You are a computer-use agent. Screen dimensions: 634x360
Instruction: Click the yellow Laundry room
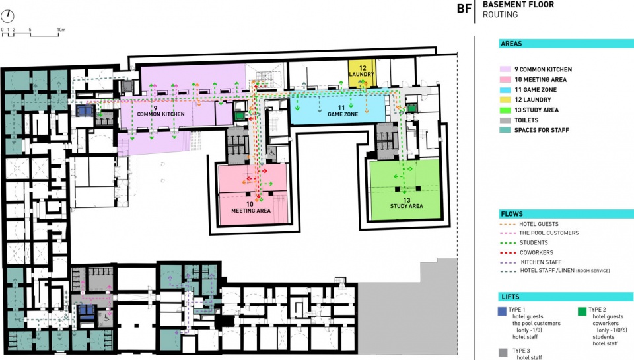363,73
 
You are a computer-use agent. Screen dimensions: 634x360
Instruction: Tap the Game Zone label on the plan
343,111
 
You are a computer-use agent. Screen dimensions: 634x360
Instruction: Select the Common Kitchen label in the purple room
160,111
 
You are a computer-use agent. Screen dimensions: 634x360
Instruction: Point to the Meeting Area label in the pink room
251,207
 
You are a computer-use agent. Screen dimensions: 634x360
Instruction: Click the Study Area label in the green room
406,203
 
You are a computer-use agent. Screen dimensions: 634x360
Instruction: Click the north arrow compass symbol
7,16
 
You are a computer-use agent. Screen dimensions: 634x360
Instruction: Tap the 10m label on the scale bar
61,30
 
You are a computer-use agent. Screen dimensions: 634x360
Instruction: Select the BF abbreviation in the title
464,9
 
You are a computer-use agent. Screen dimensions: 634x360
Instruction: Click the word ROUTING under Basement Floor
500,15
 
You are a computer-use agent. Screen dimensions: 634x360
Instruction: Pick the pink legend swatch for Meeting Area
505,80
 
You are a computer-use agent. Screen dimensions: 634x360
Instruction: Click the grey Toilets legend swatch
505,120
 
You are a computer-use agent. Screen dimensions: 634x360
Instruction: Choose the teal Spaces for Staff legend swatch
505,130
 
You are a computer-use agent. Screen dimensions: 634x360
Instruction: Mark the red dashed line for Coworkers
508,253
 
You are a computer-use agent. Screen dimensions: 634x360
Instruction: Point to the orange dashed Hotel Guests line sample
508,224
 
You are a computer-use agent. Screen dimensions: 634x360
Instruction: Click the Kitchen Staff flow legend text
541,262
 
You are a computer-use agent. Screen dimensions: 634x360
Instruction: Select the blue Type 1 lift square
502,312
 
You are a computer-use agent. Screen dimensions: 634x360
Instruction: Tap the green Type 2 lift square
582,312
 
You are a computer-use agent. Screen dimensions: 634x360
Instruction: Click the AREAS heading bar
566,44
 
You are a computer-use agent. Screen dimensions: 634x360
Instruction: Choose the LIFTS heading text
511,297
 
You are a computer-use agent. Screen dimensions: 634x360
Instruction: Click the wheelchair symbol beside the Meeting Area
272,153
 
